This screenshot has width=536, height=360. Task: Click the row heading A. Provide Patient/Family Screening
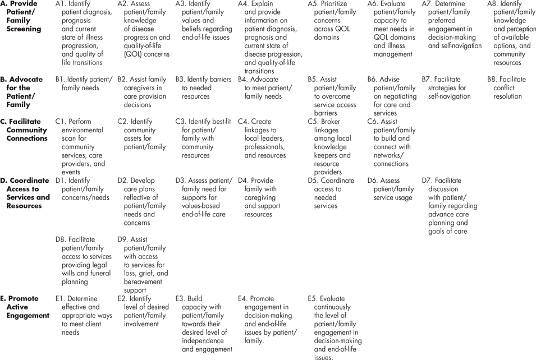pos(22,16)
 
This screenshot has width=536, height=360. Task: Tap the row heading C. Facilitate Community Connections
pos(25,130)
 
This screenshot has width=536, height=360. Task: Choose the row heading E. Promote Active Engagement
pos(24,307)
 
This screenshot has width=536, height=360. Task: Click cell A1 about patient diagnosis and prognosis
pos(84,29)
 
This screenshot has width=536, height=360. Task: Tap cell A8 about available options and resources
pos(511,33)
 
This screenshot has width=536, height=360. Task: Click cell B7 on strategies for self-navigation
pos(450,88)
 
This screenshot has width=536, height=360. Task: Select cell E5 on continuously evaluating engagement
pos(335,328)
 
